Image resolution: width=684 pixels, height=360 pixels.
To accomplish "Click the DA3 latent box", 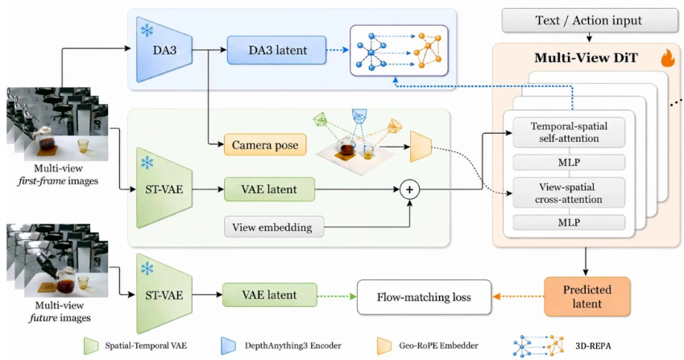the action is coord(276,50).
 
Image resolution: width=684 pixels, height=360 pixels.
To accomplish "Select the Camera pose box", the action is coord(265,145).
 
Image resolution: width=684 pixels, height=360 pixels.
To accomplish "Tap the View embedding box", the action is coord(274,226).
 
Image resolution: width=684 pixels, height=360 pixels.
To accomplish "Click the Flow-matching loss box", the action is coord(424,297).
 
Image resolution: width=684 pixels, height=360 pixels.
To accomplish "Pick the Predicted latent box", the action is coord(587,296).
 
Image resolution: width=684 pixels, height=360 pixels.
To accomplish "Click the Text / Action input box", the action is coord(589,20).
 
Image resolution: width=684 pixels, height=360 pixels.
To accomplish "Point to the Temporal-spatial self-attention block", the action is coord(569,132).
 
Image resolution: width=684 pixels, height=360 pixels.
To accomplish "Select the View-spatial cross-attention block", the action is coord(569,192).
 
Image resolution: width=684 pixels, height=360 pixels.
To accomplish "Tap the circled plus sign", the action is coord(409,189).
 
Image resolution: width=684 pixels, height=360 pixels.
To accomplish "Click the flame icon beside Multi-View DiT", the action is coord(667,58).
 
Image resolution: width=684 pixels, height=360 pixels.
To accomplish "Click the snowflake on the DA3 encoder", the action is coord(147,31).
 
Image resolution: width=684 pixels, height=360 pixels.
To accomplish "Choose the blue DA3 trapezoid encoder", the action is coord(164,50).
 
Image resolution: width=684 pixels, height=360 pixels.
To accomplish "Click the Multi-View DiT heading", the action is coord(586,57).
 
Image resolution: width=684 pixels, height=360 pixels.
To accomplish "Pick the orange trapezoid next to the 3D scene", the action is coord(421,147).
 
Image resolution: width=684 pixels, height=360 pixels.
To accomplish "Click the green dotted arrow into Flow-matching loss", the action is coord(337,296).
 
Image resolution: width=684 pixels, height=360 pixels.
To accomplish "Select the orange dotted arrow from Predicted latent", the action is coord(518,296).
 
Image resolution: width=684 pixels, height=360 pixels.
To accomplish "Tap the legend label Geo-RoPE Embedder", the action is coord(438,346).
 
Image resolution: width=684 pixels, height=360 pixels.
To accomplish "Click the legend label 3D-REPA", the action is coord(593,346).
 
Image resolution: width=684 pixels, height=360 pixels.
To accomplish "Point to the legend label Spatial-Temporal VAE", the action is coord(146,346).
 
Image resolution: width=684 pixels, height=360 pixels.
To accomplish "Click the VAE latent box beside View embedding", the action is coord(269,189).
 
